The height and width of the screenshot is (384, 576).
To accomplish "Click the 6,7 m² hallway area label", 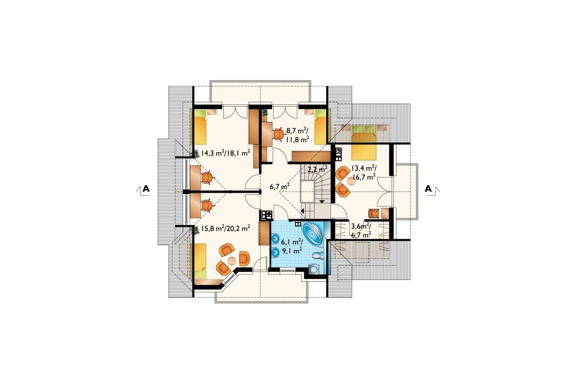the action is (x=280, y=186).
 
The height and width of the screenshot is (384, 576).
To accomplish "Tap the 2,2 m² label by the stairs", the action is (x=318, y=169).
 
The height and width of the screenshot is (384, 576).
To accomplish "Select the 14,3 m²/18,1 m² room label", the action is (x=226, y=153).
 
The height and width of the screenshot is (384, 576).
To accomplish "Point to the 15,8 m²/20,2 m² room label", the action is (x=226, y=228).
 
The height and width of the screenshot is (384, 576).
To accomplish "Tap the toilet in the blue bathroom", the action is (x=318, y=256).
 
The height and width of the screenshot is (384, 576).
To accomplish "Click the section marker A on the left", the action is (x=146, y=189).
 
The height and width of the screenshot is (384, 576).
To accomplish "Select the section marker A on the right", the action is (x=428, y=189).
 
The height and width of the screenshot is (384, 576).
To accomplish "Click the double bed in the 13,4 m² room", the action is (x=364, y=142).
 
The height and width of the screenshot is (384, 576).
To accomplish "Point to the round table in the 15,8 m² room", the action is (x=232, y=261).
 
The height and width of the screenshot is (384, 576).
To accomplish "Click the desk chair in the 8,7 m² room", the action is (x=278, y=134).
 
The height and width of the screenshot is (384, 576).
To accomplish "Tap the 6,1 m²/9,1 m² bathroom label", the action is (x=292, y=246).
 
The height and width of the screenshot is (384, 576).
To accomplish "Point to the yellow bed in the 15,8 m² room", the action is (x=200, y=261).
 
